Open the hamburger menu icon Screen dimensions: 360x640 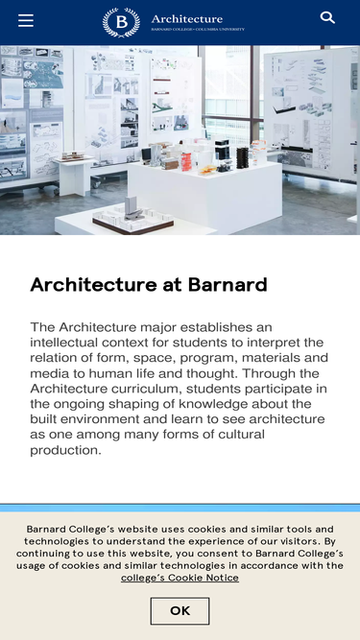[26, 20]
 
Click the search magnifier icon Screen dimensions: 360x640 [327, 17]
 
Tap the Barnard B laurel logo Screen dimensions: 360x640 [121, 22]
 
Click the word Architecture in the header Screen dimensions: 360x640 [187, 19]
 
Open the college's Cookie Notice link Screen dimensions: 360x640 [180, 578]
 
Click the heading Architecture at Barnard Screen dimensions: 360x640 [149, 284]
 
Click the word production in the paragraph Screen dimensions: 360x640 [65, 450]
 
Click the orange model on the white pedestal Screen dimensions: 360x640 [186, 161]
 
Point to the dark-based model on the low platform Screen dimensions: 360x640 [133, 216]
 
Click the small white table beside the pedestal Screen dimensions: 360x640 [75, 175]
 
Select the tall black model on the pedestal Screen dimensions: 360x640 [243, 158]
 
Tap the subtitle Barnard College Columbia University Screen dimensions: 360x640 [198, 30]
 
